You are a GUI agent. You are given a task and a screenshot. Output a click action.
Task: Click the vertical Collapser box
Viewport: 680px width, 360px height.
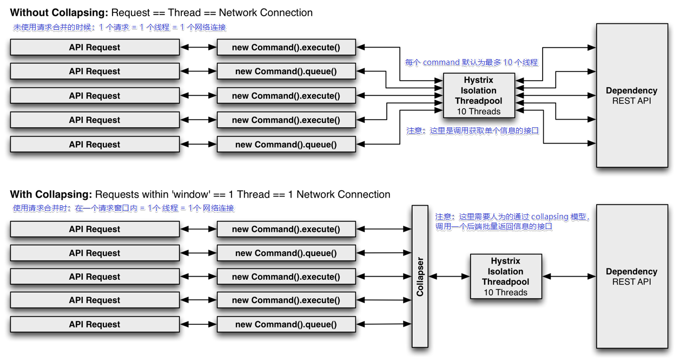pos(420,276)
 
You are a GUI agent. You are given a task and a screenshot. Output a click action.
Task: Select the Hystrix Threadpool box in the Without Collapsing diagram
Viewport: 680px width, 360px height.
pos(478,96)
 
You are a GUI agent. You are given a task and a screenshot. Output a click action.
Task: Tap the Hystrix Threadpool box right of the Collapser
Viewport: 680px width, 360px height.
pos(505,277)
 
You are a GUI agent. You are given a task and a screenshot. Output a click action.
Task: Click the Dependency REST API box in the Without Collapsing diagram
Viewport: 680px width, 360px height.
pos(631,95)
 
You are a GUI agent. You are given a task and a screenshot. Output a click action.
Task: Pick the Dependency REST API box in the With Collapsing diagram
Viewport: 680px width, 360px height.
pos(631,276)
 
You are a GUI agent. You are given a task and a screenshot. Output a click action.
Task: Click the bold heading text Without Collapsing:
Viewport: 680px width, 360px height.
pos(60,12)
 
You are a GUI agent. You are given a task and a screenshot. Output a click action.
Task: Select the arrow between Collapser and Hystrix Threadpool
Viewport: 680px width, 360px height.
pos(449,277)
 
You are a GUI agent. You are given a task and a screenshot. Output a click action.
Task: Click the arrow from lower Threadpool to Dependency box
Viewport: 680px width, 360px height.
pos(569,277)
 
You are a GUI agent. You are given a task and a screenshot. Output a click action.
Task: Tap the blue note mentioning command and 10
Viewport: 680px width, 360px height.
pos(471,62)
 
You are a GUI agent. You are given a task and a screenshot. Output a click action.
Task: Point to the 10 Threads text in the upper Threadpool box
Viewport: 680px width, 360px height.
pos(478,112)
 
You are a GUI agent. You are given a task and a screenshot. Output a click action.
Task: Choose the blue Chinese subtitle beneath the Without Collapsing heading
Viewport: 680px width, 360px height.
pos(120,27)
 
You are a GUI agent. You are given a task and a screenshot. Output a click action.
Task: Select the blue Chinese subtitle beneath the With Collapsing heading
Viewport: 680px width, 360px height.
pos(123,208)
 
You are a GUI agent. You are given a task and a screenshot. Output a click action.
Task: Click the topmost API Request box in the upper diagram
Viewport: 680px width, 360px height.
pos(95,47)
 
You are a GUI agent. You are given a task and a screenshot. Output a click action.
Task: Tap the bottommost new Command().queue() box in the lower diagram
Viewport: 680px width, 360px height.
pos(286,324)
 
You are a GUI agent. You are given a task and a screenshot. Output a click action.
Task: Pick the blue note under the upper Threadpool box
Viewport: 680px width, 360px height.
pos(472,130)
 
